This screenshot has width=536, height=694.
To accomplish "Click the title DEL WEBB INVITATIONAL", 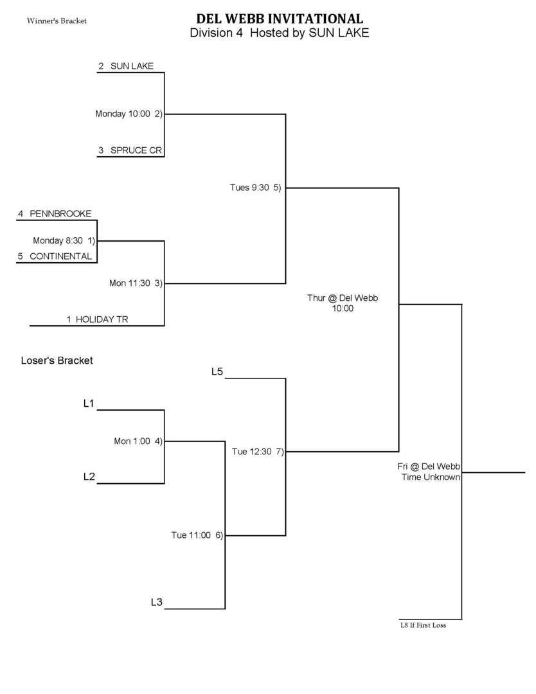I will pyautogui.click(x=280, y=19).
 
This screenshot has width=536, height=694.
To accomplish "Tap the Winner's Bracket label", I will pyautogui.click(x=57, y=21).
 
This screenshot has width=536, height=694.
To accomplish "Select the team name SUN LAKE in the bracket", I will pyautogui.click(x=132, y=66).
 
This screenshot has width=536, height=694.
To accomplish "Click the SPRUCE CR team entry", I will pyautogui.click(x=136, y=150).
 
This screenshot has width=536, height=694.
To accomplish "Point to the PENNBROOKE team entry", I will pyautogui.click(x=60, y=213).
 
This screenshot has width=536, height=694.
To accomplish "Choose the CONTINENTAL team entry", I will pyautogui.click(x=60, y=256).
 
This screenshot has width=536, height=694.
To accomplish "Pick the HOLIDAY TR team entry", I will pyautogui.click(x=102, y=319).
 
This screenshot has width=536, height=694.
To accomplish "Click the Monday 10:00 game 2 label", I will pyautogui.click(x=129, y=114).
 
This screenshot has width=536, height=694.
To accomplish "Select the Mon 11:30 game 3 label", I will pyautogui.click(x=135, y=283).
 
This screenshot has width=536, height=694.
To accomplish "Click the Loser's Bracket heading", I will pyautogui.click(x=57, y=360).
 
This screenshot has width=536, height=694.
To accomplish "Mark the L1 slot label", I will pyautogui.click(x=89, y=404).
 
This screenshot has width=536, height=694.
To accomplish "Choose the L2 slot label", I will pyautogui.click(x=89, y=477).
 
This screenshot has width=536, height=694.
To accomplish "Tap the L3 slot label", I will pyautogui.click(x=156, y=603).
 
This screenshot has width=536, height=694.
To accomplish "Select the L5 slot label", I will pyautogui.click(x=217, y=371).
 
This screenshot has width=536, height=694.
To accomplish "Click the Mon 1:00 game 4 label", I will pyautogui.click(x=138, y=441).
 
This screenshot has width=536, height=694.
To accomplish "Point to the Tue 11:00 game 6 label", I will pyautogui.click(x=197, y=535).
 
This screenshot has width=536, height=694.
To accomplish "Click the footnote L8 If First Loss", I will pyautogui.click(x=423, y=625).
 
